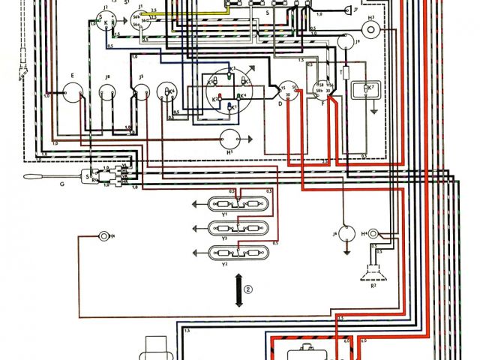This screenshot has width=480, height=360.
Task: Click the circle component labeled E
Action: [x=73, y=93]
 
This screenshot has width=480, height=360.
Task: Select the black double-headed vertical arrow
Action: [x=239, y=289]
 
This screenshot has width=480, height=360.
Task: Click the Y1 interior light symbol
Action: [x=234, y=205]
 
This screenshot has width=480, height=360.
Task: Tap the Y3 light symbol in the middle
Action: [x=234, y=228]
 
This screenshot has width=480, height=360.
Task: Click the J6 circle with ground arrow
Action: [x=345, y=233]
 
